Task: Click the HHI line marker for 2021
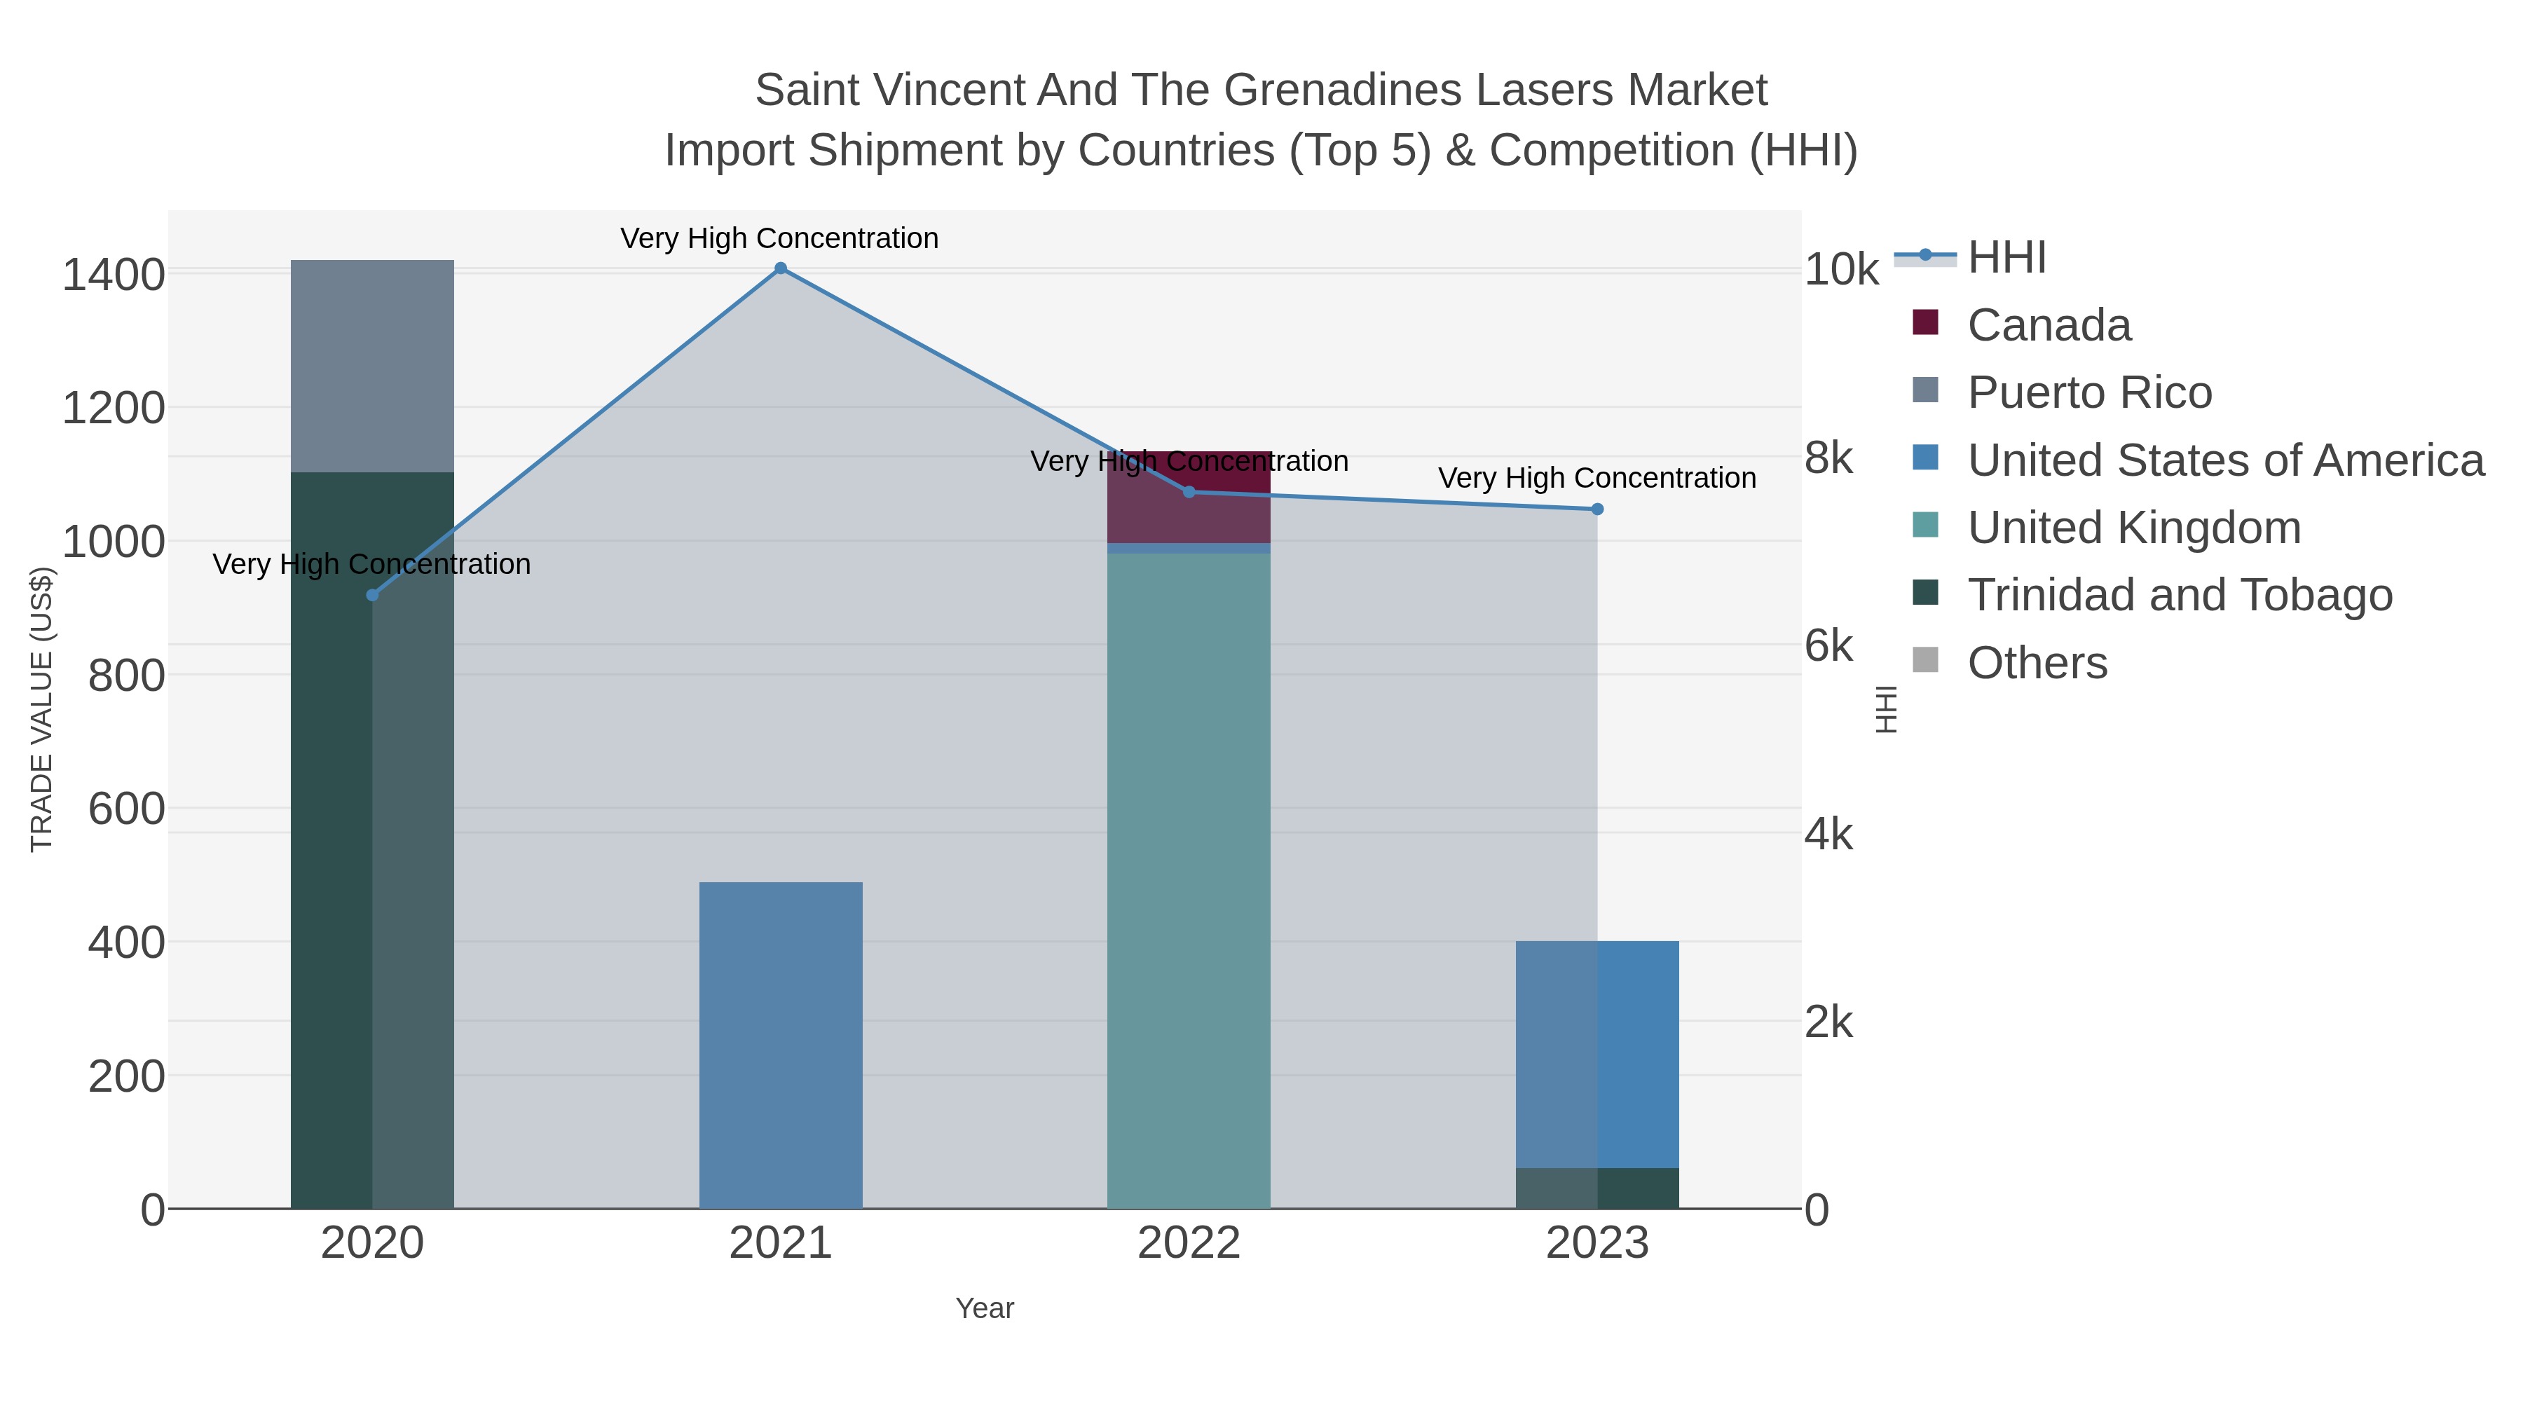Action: coord(781,268)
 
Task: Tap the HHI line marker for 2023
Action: coord(1597,509)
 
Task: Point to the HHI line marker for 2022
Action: coord(1189,492)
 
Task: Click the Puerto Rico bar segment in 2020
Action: coord(372,366)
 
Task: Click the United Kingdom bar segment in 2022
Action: coord(1189,882)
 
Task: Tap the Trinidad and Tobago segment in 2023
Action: coord(1597,1188)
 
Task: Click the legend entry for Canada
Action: coord(2049,325)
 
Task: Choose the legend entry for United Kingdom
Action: coord(2134,528)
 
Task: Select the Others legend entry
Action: coord(2037,663)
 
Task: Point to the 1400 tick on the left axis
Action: coord(114,275)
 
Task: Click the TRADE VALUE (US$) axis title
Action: coord(41,709)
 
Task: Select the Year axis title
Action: coord(985,1308)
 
